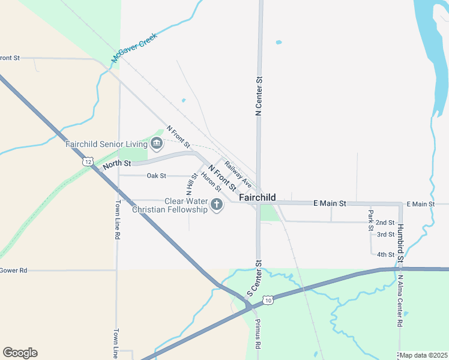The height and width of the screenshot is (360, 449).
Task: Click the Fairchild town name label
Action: [x=257, y=197]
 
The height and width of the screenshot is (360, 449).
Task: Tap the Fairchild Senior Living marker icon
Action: [x=157, y=143]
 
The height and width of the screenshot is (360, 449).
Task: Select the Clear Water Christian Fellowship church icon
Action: [x=217, y=205]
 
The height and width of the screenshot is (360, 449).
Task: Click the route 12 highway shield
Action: [x=88, y=161]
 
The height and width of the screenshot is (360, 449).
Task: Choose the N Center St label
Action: [x=259, y=96]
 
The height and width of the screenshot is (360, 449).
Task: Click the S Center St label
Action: [x=255, y=278]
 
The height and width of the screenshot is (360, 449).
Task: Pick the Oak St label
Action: [x=157, y=176]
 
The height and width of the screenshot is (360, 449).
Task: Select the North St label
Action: [x=116, y=164]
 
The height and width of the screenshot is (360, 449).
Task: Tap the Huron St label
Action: [x=211, y=182]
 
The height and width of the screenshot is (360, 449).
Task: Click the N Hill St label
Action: [x=193, y=184]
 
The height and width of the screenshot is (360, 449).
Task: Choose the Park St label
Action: [x=371, y=215]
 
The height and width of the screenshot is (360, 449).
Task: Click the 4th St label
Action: [x=385, y=254]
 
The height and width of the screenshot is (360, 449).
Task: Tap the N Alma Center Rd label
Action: [x=399, y=300]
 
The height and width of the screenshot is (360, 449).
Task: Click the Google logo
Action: [x=20, y=353]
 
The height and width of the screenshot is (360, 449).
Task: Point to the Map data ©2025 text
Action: [x=423, y=355]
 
